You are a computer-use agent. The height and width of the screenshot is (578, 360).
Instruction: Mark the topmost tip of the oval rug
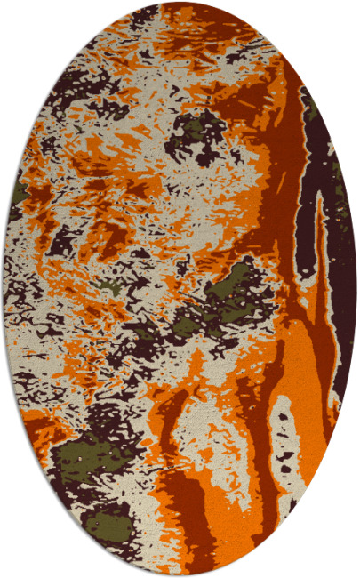click(180, 3)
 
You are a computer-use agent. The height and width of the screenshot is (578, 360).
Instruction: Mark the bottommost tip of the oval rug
click(180, 575)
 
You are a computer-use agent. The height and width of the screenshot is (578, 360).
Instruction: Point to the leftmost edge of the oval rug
click(4, 289)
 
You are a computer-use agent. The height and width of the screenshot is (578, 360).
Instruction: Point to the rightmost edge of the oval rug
click(356, 289)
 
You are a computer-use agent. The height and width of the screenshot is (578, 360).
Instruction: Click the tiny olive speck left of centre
click(108, 286)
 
